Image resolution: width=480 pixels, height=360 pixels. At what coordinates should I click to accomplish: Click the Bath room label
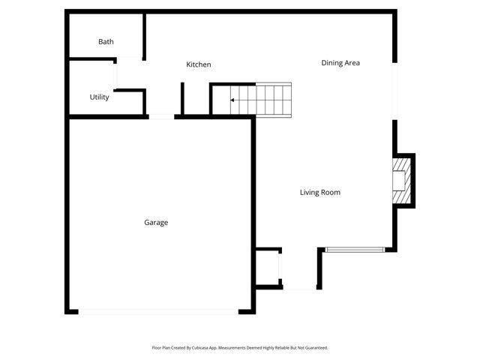coord(106,42)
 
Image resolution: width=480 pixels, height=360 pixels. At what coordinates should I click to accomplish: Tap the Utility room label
coord(100,97)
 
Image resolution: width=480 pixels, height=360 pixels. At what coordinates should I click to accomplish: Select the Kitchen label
coord(199,65)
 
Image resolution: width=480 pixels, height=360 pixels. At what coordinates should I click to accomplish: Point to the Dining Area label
coord(340,63)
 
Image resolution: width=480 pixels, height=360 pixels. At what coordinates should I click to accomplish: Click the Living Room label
coord(320,193)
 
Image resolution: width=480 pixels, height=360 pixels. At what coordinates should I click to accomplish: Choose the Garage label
coord(156,223)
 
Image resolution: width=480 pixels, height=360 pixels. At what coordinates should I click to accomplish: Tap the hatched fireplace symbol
coord(403,180)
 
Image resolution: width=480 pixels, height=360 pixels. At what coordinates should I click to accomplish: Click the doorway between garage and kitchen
coord(161,116)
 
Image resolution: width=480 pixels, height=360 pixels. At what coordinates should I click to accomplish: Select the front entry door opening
coord(300,288)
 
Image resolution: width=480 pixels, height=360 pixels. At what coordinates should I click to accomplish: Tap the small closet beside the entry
coord(267,267)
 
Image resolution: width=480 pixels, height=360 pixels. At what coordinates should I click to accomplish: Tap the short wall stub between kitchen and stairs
coord(182,97)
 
